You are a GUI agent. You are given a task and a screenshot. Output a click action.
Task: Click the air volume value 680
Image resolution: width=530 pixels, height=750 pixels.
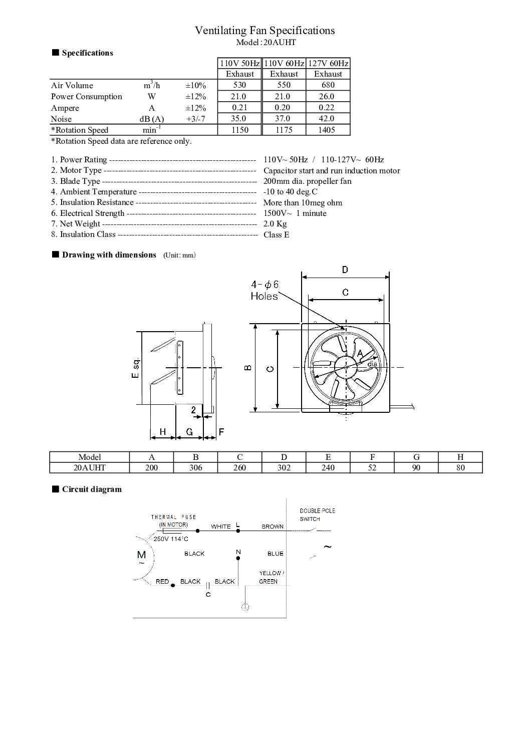[x=328, y=85]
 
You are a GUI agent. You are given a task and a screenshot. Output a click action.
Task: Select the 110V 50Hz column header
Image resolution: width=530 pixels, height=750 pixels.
[x=239, y=64]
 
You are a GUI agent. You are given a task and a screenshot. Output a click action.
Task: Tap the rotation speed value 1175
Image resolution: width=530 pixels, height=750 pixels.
[x=284, y=130]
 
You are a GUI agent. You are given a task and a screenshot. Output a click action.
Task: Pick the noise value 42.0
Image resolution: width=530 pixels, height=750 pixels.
[x=328, y=119]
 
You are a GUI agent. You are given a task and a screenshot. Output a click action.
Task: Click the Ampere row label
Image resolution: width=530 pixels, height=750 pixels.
[x=65, y=108]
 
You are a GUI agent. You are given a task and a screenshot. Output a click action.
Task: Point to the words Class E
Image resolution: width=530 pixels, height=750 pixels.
[x=276, y=235]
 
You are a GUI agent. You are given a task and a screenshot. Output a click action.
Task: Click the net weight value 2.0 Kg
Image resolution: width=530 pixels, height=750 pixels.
[x=275, y=224]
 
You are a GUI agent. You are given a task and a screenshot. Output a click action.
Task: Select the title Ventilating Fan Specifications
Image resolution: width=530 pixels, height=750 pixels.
[x=264, y=31]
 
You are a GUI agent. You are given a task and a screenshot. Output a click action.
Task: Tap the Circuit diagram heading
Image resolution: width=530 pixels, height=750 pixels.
[x=92, y=489]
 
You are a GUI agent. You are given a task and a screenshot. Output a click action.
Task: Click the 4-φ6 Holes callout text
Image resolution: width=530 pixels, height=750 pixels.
[x=264, y=291]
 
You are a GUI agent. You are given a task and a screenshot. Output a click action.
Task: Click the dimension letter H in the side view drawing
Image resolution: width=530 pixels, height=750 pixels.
[x=162, y=431]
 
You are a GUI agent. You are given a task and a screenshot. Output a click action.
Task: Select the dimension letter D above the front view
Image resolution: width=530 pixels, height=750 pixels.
[x=345, y=270]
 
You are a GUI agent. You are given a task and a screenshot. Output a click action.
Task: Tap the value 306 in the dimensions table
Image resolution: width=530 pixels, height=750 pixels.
[x=195, y=468]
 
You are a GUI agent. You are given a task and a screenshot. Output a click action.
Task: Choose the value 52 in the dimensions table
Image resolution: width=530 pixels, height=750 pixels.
[x=372, y=468]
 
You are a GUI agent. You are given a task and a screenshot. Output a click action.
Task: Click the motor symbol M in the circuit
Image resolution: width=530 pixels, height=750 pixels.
[x=141, y=555]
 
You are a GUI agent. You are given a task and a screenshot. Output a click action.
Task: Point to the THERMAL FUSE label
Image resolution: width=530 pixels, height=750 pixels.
[x=173, y=517]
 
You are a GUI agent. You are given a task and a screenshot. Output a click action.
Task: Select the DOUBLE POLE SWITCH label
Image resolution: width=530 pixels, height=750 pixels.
[x=317, y=515]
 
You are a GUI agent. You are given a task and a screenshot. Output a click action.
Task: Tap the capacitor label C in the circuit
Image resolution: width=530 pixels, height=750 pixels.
[x=208, y=595]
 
